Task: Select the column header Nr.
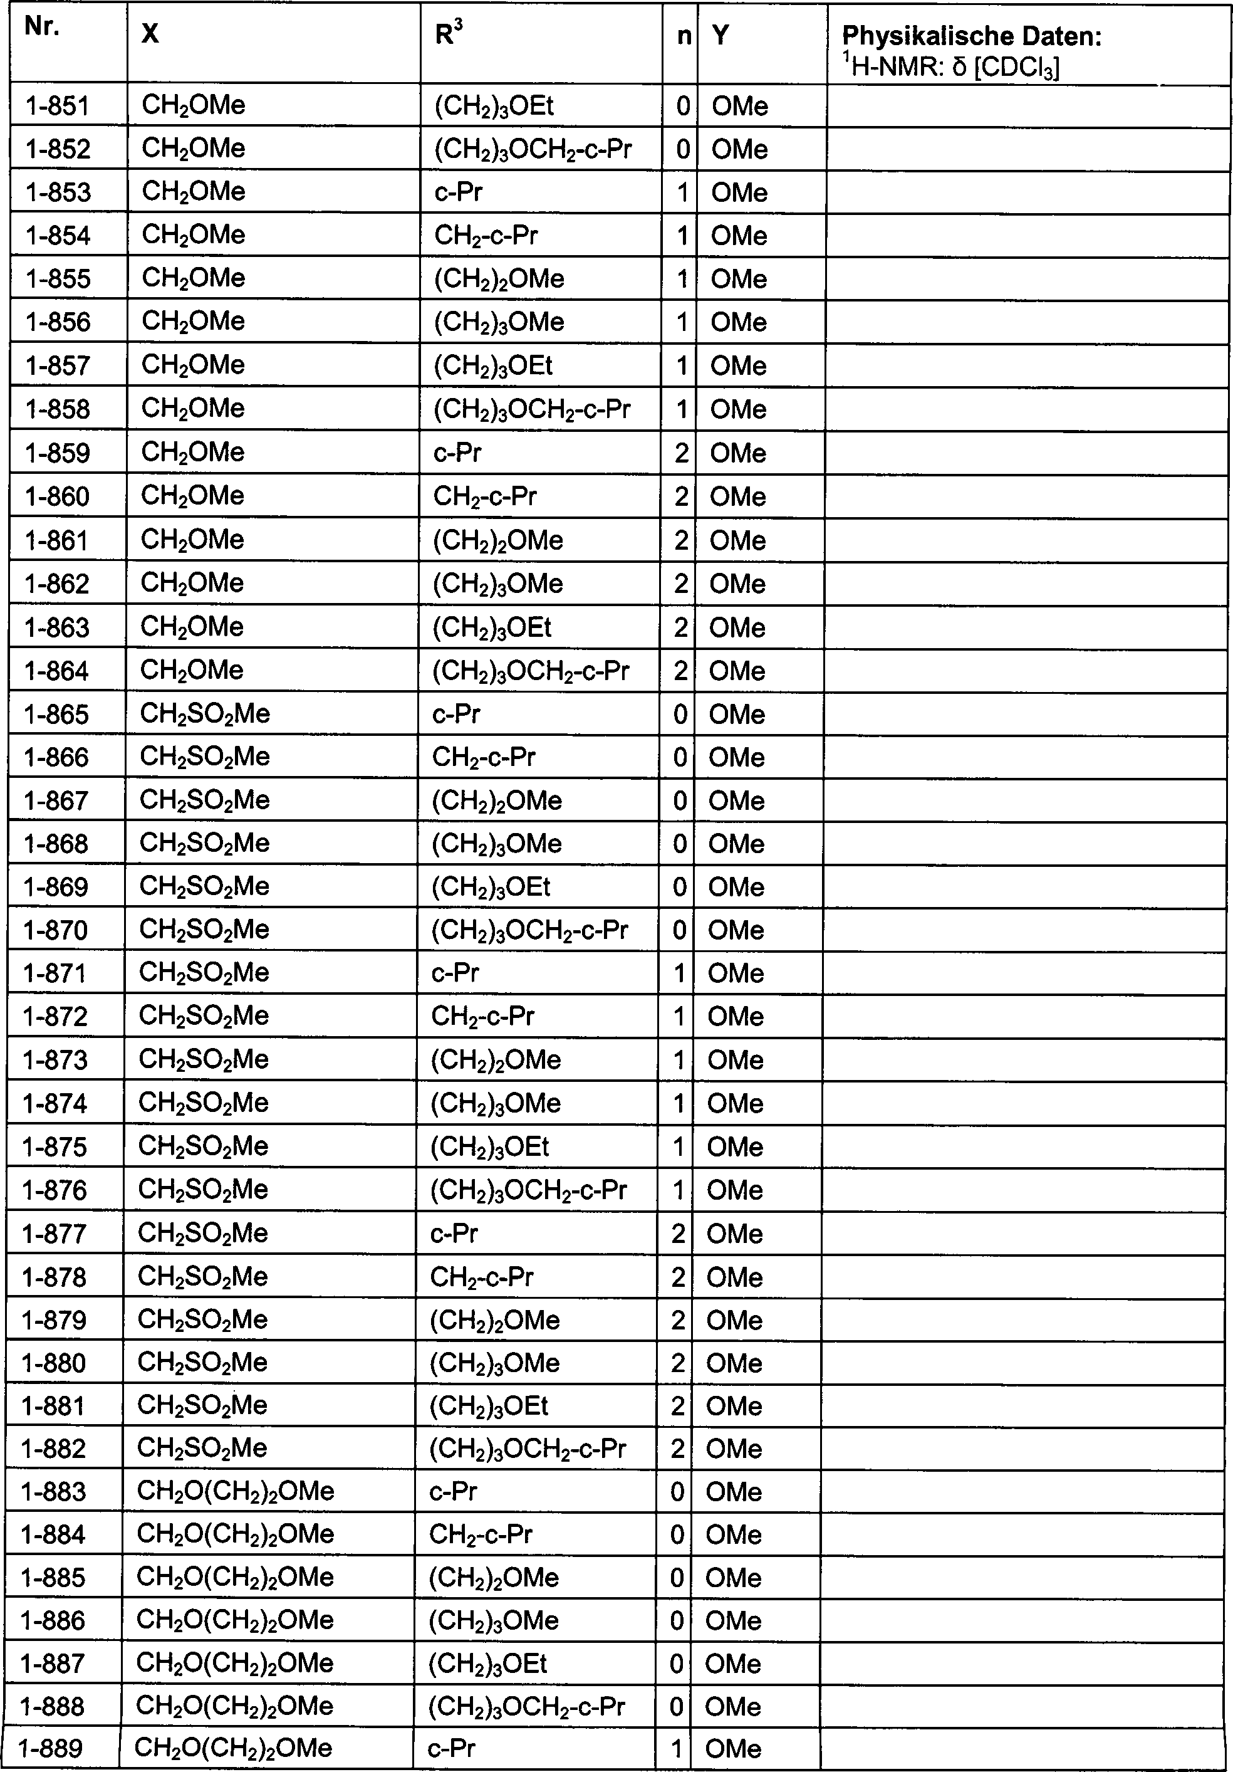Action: click(42, 28)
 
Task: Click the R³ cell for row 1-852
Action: click(533, 149)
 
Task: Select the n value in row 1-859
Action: click(681, 453)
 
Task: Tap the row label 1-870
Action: click(56, 931)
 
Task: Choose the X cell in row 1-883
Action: click(236, 1492)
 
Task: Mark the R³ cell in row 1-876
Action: click(528, 1190)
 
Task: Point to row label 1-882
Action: click(54, 1449)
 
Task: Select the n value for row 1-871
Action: click(679, 974)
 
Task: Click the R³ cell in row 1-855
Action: click(499, 278)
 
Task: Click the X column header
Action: click(150, 34)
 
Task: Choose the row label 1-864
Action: click(57, 671)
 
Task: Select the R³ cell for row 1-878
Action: click(481, 1277)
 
